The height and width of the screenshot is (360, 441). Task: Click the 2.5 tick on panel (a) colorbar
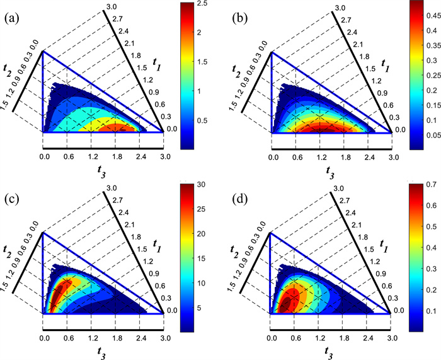202,4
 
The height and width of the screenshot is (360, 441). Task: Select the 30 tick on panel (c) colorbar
202,185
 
